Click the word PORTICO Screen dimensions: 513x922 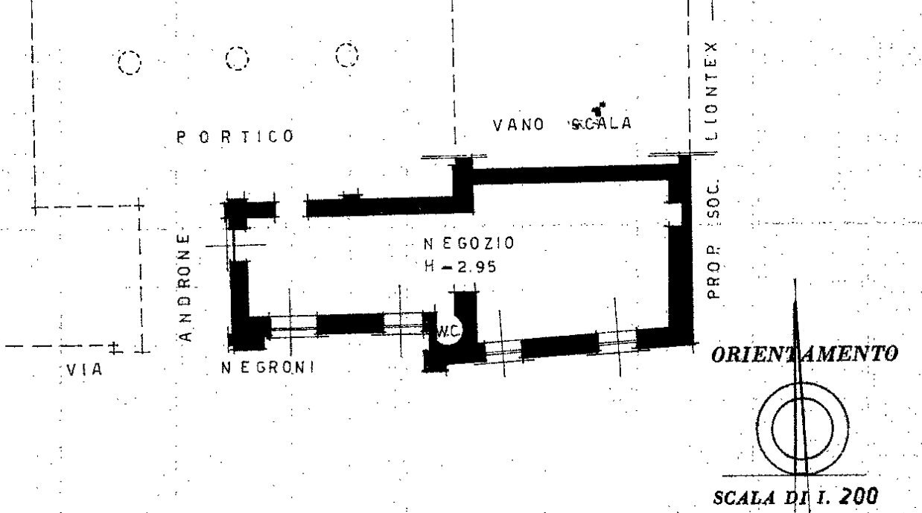click(x=235, y=137)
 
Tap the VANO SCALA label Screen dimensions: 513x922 click(x=562, y=124)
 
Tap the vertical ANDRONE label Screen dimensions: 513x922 click(x=186, y=287)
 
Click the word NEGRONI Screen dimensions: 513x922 click(x=268, y=367)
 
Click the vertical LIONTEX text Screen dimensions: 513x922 click(x=712, y=90)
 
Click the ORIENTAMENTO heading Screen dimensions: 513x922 click(x=804, y=354)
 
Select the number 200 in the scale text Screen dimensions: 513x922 click(x=858, y=495)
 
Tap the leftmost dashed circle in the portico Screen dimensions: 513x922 click(x=130, y=63)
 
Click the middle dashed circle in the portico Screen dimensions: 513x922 click(x=238, y=58)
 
